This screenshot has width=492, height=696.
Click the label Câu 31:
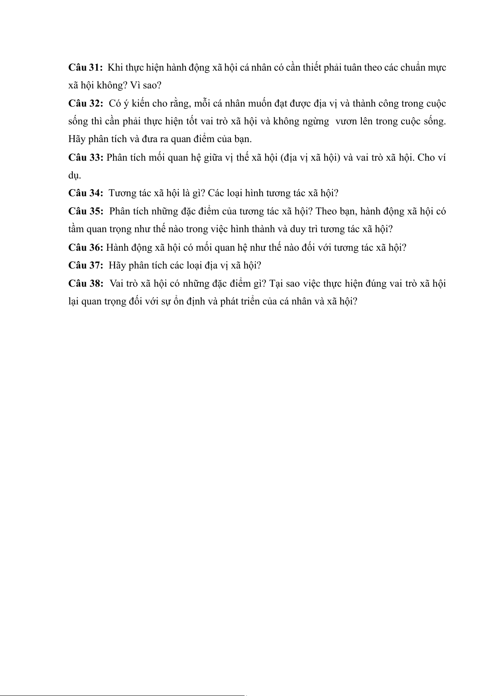click(86, 68)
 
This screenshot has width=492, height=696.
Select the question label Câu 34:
click(86, 193)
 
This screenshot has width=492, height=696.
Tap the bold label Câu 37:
click(86, 265)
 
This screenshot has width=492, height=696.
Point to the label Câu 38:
click(86, 283)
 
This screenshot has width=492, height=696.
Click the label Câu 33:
click(86, 157)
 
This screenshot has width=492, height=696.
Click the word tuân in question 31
click(353, 68)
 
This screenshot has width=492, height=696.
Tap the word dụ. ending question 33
click(74, 176)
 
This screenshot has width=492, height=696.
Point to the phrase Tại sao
click(285, 283)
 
